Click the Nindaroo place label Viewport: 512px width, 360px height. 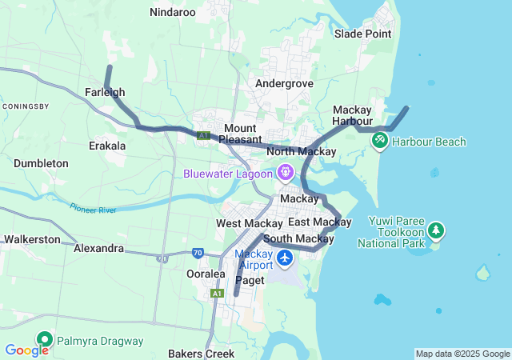coord(172,12)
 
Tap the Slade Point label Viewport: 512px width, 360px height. coord(362,34)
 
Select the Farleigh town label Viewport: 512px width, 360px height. coord(105,92)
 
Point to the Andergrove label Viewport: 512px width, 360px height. coord(283,83)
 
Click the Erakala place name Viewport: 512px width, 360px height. coord(107,146)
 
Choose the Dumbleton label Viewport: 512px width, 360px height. coord(41,163)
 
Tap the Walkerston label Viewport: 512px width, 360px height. coord(32,239)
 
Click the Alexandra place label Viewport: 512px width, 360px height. coord(98,249)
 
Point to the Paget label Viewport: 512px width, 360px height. coord(250,280)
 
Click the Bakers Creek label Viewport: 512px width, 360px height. coord(202,353)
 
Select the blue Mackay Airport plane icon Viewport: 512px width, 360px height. coord(286,258)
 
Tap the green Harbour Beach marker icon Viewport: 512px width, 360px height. coord(379,142)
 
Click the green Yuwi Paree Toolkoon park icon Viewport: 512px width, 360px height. coord(436,230)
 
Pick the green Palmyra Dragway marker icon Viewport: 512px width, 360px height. coord(43,341)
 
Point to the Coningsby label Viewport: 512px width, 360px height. coord(26,106)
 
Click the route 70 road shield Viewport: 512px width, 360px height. coord(198,254)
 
